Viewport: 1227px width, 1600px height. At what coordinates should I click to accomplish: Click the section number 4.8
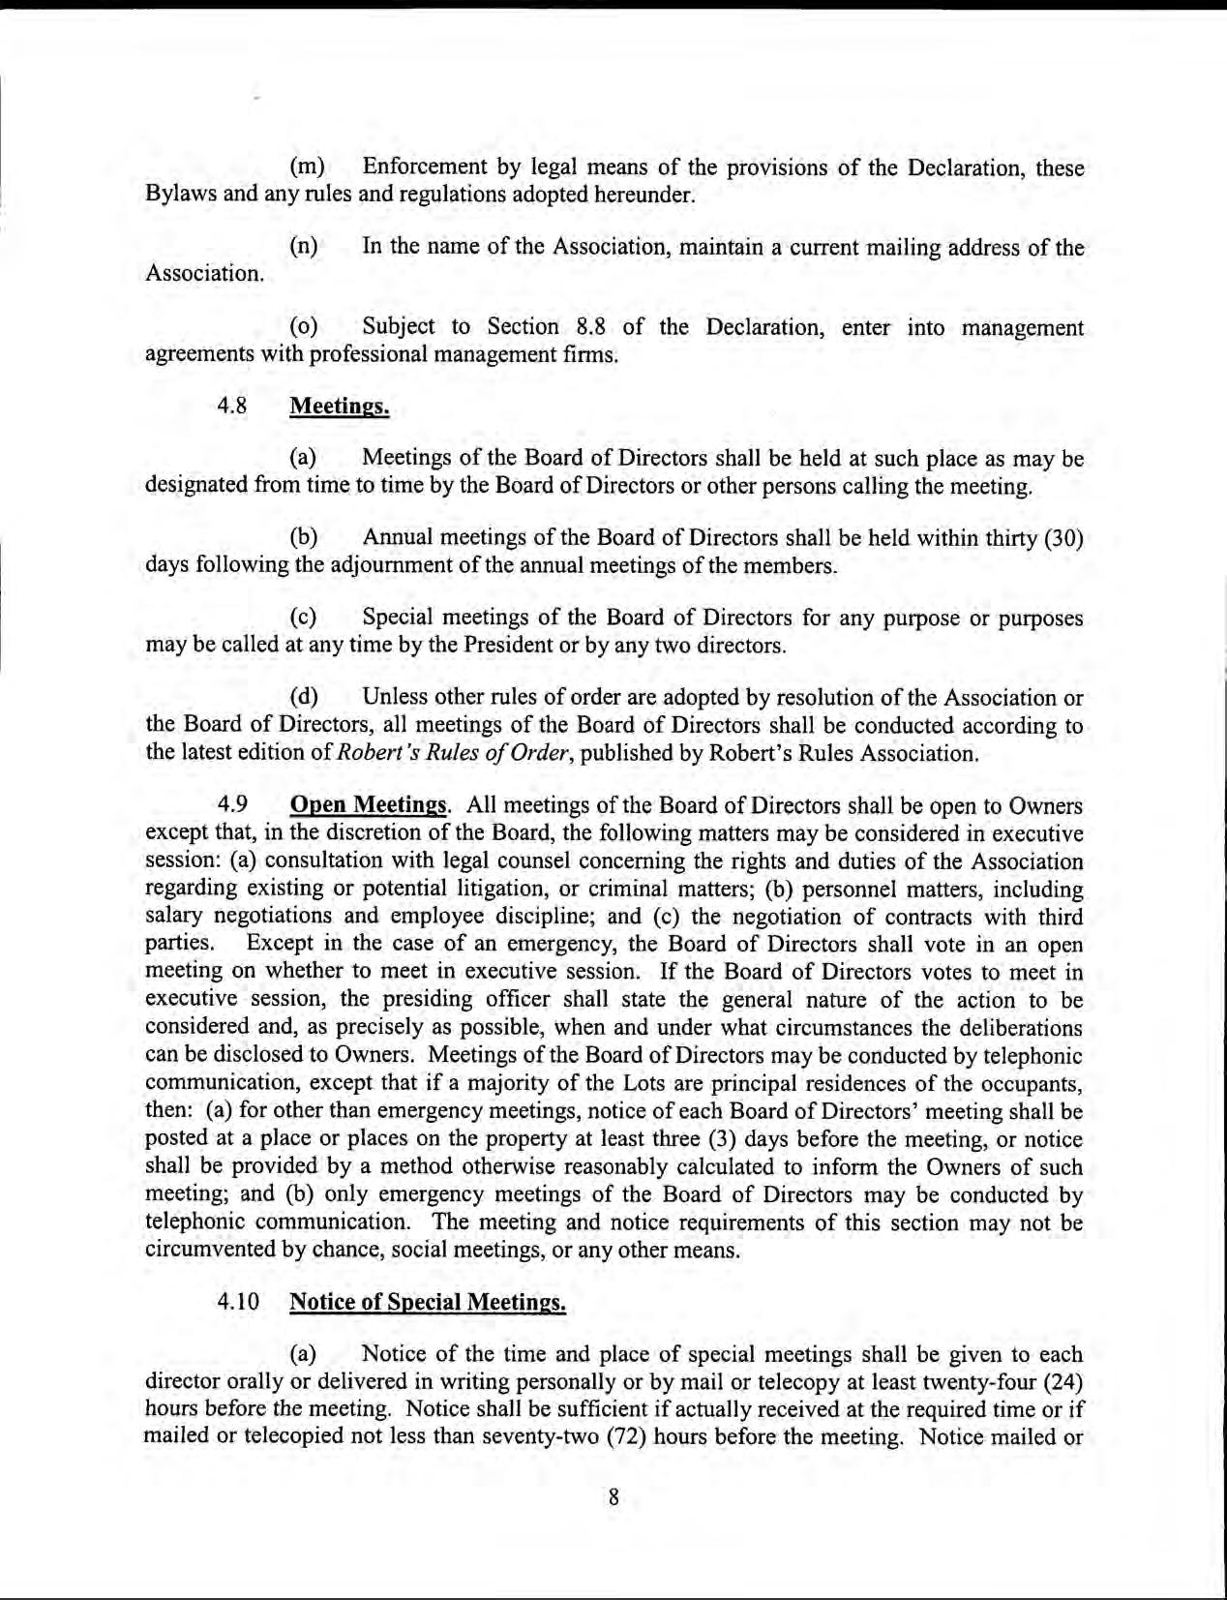coord(231,407)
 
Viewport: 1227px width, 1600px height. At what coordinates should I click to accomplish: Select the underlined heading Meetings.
coord(339,407)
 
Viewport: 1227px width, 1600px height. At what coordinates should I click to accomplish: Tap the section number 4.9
coord(231,805)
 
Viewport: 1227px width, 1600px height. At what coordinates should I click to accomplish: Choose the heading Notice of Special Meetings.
coord(427,1302)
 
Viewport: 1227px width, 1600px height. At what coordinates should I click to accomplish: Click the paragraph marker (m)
coord(307,168)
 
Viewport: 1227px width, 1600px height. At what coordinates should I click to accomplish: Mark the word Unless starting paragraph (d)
coord(394,698)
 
